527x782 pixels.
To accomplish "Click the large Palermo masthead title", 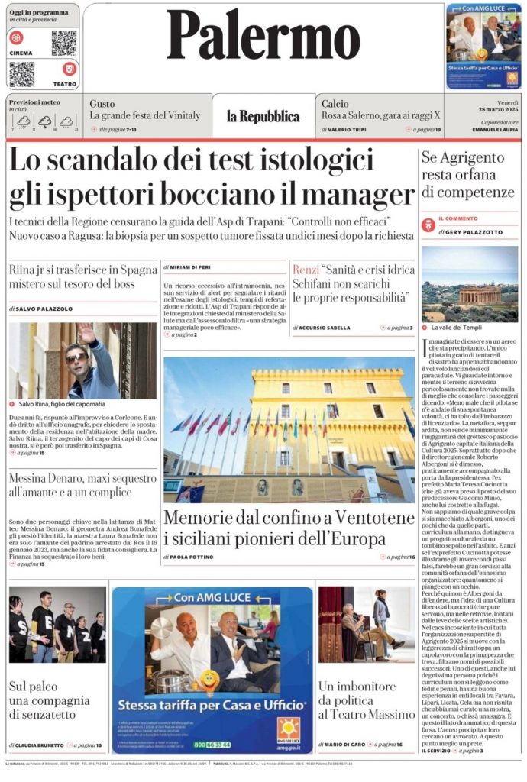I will [263, 36].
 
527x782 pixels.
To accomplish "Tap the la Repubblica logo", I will [263, 117].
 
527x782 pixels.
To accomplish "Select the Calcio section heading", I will [335, 104].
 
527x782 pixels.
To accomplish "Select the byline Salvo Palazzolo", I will [45, 309].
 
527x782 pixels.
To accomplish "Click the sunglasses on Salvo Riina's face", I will [76, 357].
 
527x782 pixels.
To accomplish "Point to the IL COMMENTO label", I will [457, 219].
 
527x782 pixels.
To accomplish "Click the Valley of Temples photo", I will [469, 283].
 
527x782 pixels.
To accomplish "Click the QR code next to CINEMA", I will [64, 44].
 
